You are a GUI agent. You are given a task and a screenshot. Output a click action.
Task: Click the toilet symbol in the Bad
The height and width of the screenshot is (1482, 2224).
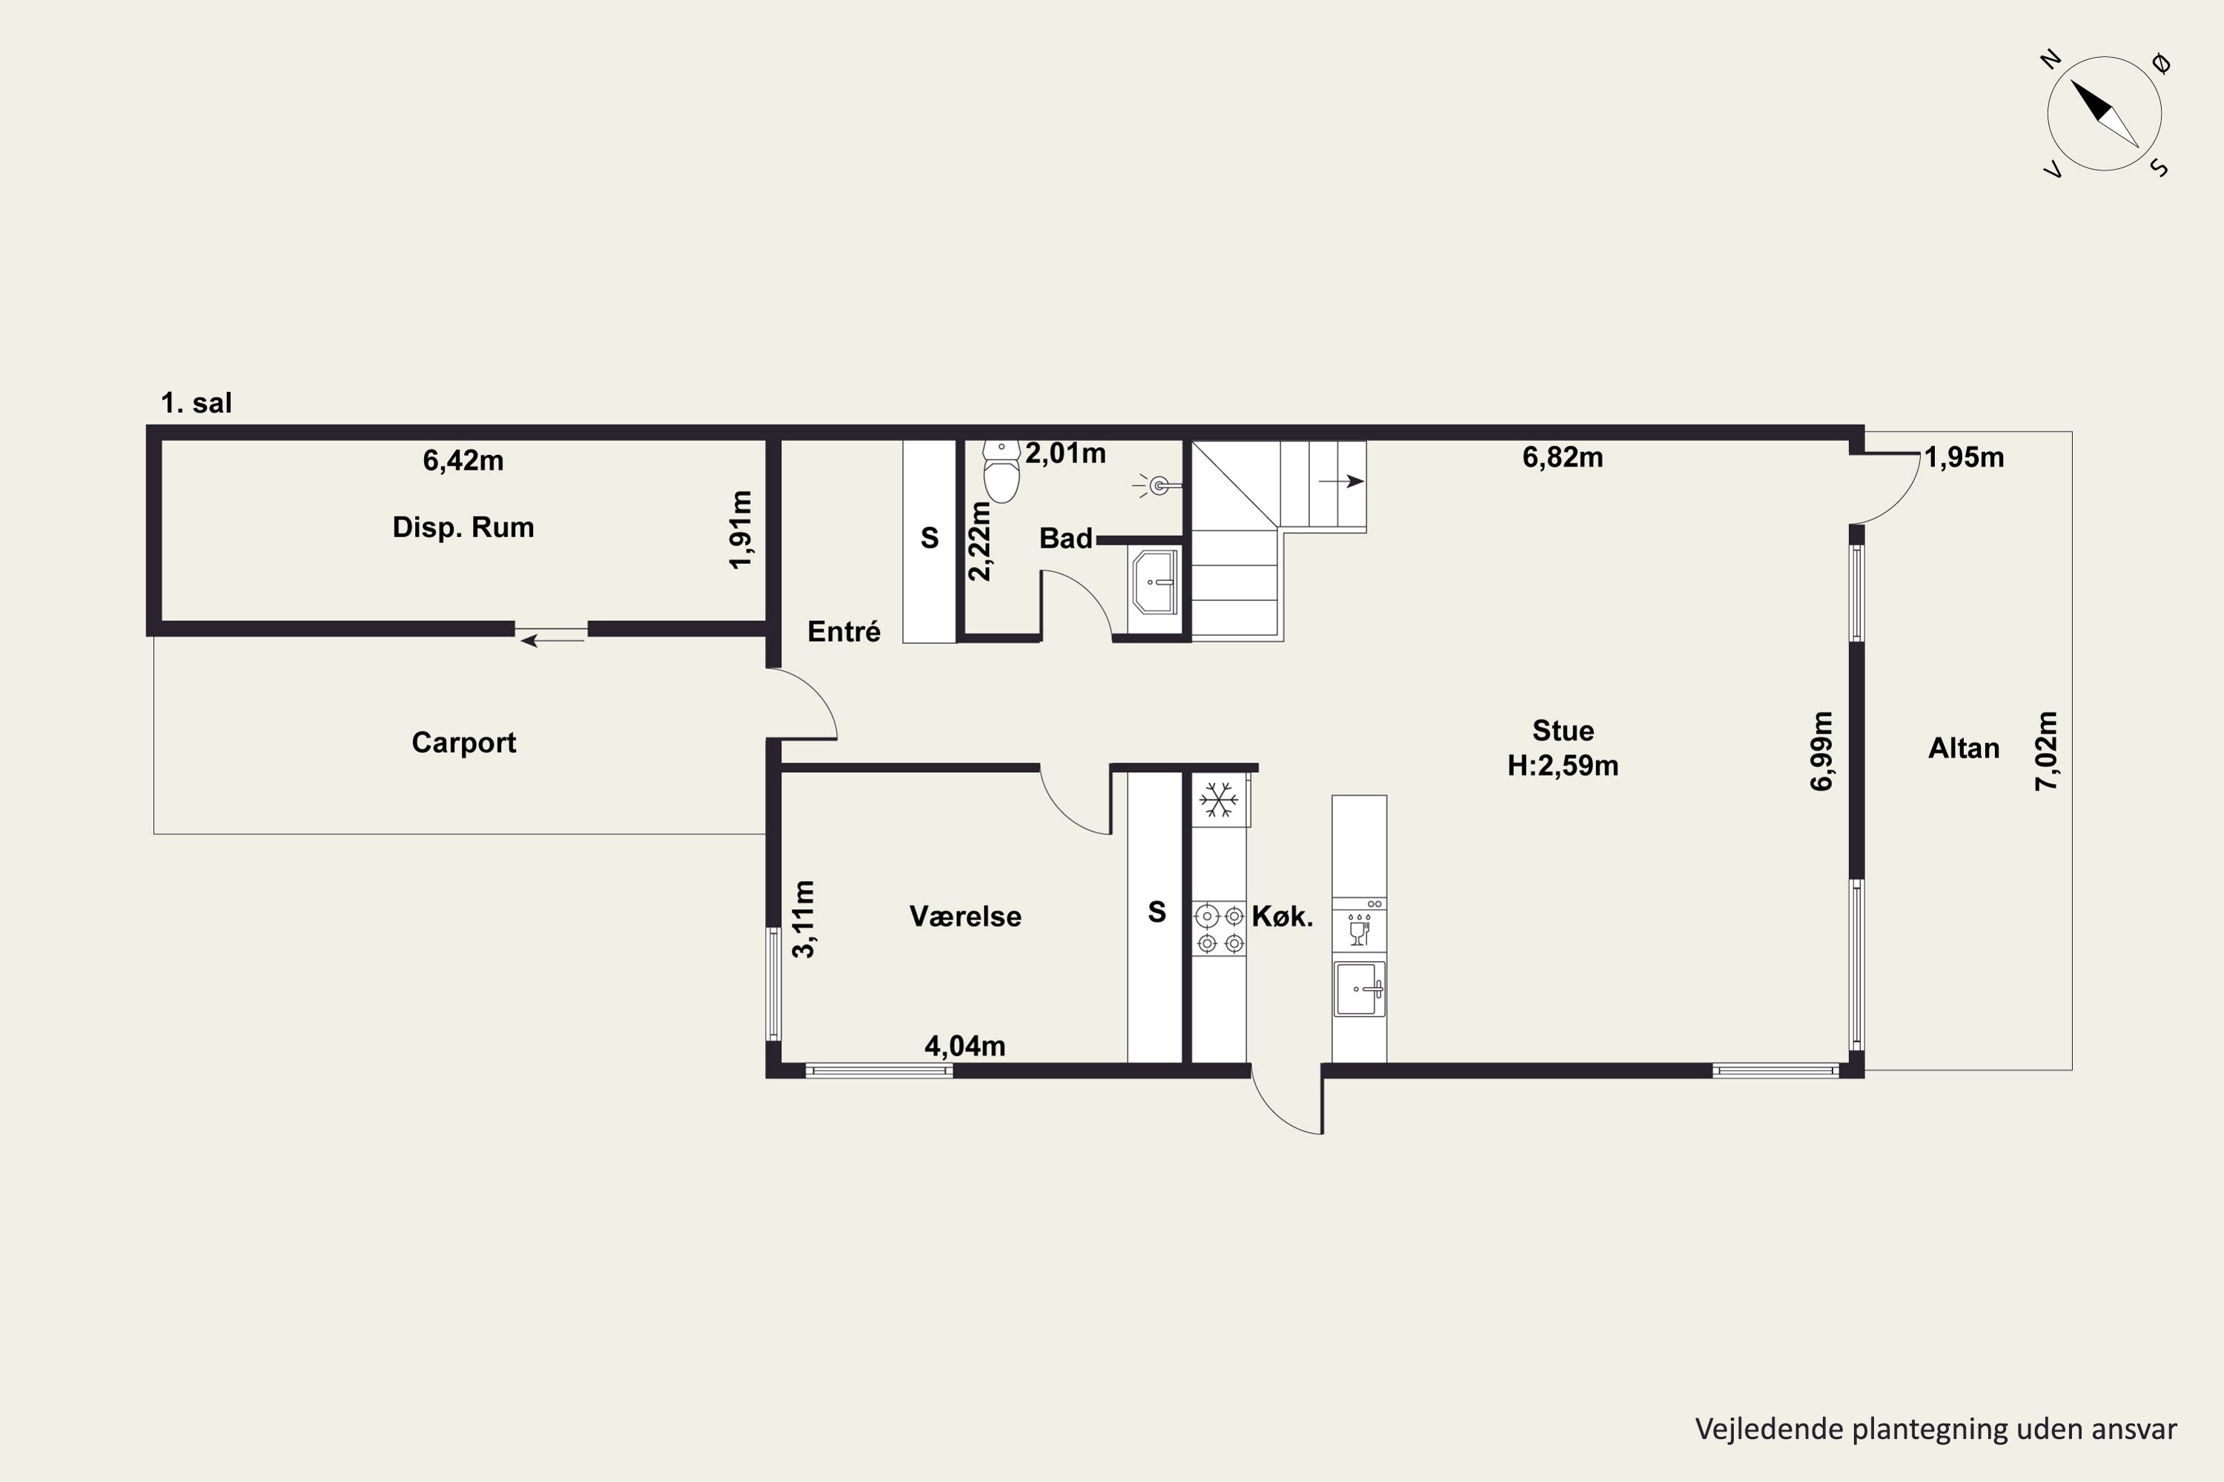click(x=1002, y=471)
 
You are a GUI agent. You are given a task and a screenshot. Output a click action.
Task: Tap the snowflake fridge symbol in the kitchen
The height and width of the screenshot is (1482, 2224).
click(x=1219, y=800)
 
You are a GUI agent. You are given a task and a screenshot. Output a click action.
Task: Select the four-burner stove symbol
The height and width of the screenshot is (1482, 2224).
click(x=1219, y=928)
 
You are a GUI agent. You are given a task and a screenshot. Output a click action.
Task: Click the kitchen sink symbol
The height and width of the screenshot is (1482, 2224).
click(x=1360, y=988)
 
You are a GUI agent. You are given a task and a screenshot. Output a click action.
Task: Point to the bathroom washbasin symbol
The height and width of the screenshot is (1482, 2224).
click(x=1154, y=582)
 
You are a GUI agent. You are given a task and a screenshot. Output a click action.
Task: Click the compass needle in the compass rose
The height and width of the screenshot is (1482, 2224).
click(x=2105, y=113)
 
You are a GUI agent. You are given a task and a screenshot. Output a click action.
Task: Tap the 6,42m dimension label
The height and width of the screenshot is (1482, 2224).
click(x=463, y=460)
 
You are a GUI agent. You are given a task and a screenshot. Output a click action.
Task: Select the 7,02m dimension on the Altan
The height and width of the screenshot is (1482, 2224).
click(x=2047, y=751)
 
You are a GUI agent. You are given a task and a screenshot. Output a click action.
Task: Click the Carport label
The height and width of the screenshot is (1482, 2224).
click(x=464, y=743)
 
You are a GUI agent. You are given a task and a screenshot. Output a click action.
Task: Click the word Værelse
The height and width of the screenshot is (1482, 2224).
click(x=965, y=916)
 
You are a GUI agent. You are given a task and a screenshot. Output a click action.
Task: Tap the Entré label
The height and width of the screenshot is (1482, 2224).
click(x=844, y=631)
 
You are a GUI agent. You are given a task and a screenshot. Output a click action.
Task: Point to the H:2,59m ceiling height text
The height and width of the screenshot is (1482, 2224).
click(x=1563, y=765)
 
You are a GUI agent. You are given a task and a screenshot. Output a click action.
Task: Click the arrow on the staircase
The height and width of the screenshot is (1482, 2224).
click(x=1342, y=481)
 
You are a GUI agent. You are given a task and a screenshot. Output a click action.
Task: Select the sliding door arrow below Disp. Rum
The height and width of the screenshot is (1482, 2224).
click(x=553, y=641)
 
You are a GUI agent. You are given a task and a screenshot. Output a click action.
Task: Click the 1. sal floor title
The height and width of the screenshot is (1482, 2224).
click(x=196, y=404)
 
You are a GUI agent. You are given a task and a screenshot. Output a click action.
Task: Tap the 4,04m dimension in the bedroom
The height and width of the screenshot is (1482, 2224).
click(x=964, y=1046)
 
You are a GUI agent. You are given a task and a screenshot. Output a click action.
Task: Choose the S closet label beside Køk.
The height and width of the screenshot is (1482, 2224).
click(x=1156, y=912)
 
